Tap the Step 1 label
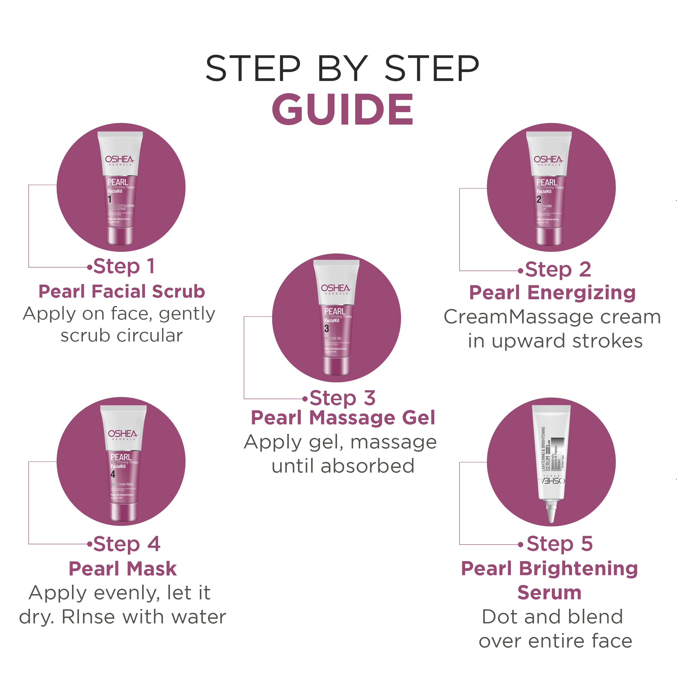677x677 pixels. (x=124, y=266)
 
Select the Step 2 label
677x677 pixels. (x=558, y=269)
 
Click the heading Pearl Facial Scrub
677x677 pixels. (x=122, y=292)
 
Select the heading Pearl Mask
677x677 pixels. (x=123, y=568)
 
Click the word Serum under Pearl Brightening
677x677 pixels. (x=549, y=593)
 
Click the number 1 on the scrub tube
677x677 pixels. (x=110, y=199)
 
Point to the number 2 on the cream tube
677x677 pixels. (x=539, y=199)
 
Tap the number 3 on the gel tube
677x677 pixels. (x=327, y=328)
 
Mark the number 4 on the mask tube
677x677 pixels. (x=113, y=474)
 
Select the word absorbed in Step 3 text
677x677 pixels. (x=367, y=466)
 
